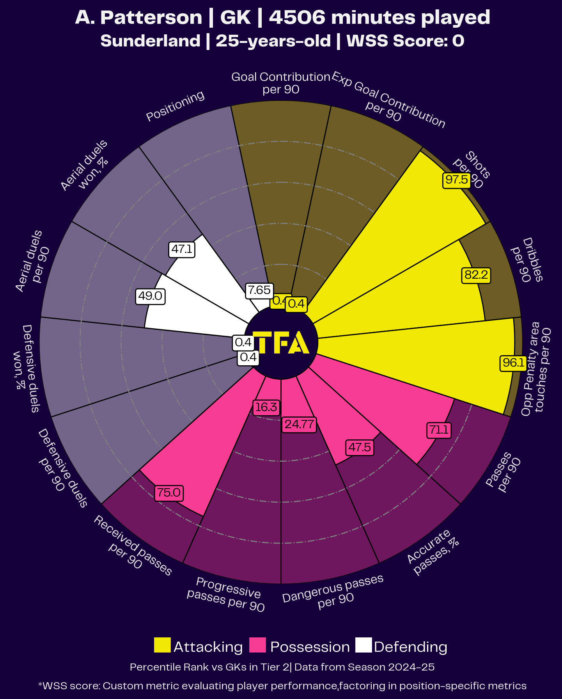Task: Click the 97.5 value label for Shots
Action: (457, 180)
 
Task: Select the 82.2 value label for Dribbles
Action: (476, 275)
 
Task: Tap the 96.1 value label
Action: (513, 363)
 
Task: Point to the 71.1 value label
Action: (439, 430)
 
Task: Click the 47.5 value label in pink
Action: (360, 447)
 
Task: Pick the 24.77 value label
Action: (299, 424)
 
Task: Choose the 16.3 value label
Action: (266, 407)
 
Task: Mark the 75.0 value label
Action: (169, 493)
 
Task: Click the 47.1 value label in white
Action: (182, 249)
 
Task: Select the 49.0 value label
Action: (150, 296)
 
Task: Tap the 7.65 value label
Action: (259, 290)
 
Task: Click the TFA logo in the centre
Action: (281, 343)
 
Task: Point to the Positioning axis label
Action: (176, 106)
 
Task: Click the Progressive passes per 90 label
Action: (227, 594)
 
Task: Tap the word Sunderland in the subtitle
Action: (151, 41)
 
